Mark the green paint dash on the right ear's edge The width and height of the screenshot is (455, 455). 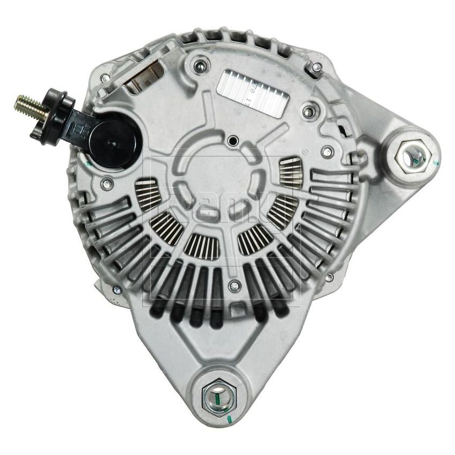[436, 162]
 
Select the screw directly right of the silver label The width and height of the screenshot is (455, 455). [307, 112]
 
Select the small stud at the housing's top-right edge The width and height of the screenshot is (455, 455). [315, 67]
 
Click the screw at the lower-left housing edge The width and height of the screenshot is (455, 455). [117, 290]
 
